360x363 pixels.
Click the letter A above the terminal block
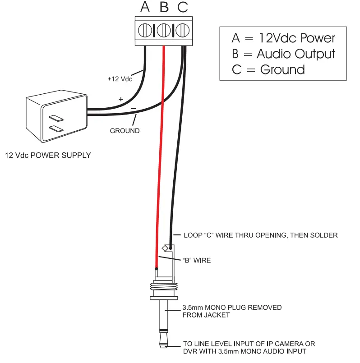(x=145, y=7)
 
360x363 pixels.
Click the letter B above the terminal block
(x=164, y=7)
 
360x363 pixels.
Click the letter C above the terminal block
(x=182, y=7)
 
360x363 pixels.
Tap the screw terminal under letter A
(x=145, y=31)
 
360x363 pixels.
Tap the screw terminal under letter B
(x=163, y=31)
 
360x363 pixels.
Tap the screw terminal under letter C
(x=181, y=31)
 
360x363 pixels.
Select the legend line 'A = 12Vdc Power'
(x=283, y=37)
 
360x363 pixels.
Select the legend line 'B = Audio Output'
(x=283, y=54)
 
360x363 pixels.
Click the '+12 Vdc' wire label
(x=120, y=79)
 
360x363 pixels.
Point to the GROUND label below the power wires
(x=125, y=131)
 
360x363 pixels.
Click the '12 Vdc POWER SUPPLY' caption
(x=48, y=156)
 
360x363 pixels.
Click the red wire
(x=160, y=158)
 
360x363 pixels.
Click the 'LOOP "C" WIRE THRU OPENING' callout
(x=260, y=235)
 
